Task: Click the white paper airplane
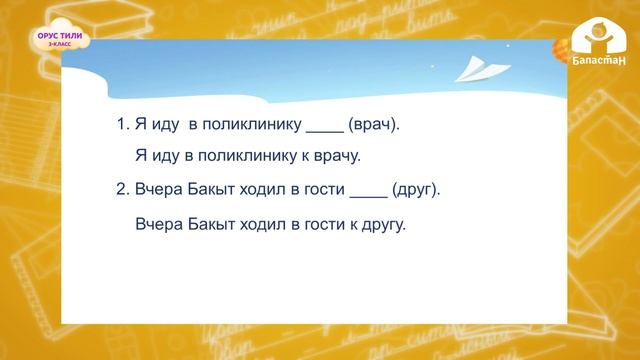point(473,69)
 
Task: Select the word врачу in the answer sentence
point(335,155)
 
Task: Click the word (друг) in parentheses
point(415,188)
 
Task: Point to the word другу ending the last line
point(385,224)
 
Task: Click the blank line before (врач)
point(324,128)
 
